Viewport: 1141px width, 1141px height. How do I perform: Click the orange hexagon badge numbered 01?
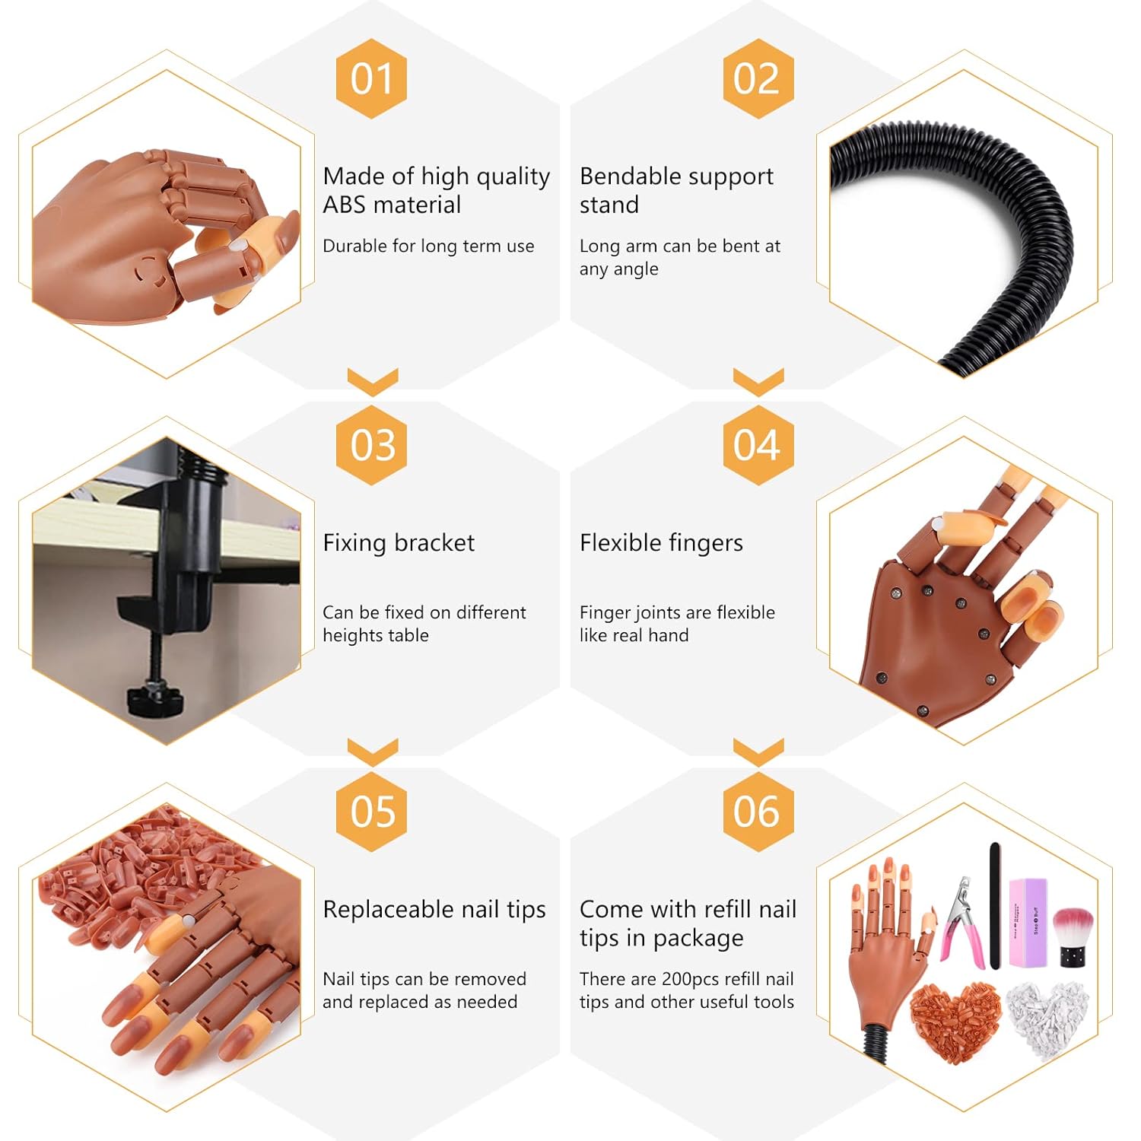tap(372, 78)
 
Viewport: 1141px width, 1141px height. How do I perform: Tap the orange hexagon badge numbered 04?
tap(758, 445)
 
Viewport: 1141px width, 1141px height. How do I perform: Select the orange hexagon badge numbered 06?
tap(758, 812)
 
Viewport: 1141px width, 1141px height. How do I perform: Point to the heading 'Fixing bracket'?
tap(399, 542)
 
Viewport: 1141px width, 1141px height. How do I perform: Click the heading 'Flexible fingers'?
tap(661, 543)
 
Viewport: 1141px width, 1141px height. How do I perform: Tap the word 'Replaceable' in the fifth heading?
tap(390, 910)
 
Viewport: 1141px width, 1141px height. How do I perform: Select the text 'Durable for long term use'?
tap(428, 246)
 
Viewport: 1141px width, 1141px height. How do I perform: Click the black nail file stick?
tap(995, 906)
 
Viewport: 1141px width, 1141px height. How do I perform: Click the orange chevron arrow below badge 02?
tap(758, 381)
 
